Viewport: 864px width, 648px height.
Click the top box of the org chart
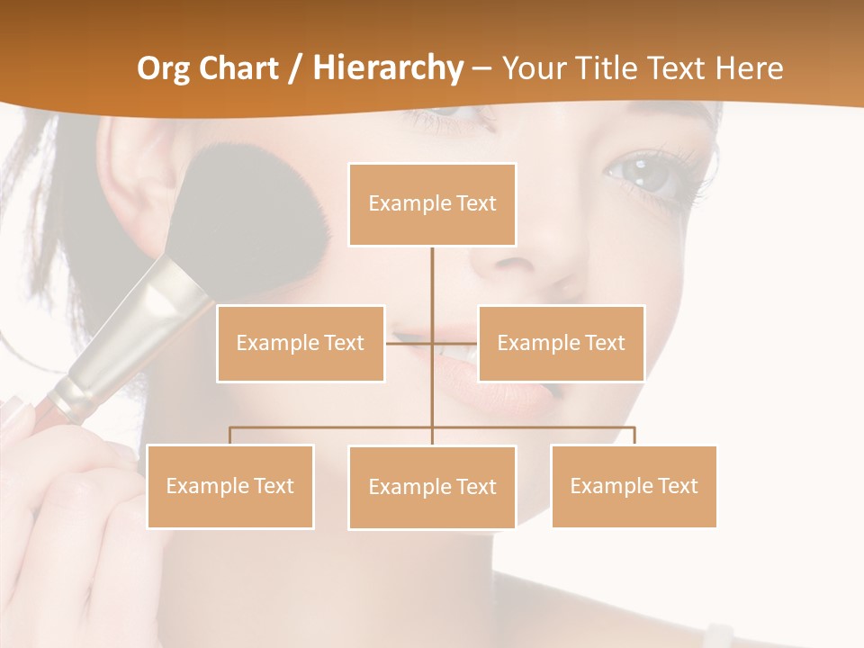432,204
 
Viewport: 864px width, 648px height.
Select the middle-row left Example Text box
301,343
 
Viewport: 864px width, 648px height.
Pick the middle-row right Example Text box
561,343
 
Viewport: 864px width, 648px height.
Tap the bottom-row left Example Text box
230,486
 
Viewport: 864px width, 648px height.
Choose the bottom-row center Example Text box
432,487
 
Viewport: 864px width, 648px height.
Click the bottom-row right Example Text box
634,486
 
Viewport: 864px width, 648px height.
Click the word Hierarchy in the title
387,68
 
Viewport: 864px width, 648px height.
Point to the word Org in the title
163,68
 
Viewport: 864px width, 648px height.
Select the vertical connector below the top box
432,288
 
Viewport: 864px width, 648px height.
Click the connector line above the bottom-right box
634,435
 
